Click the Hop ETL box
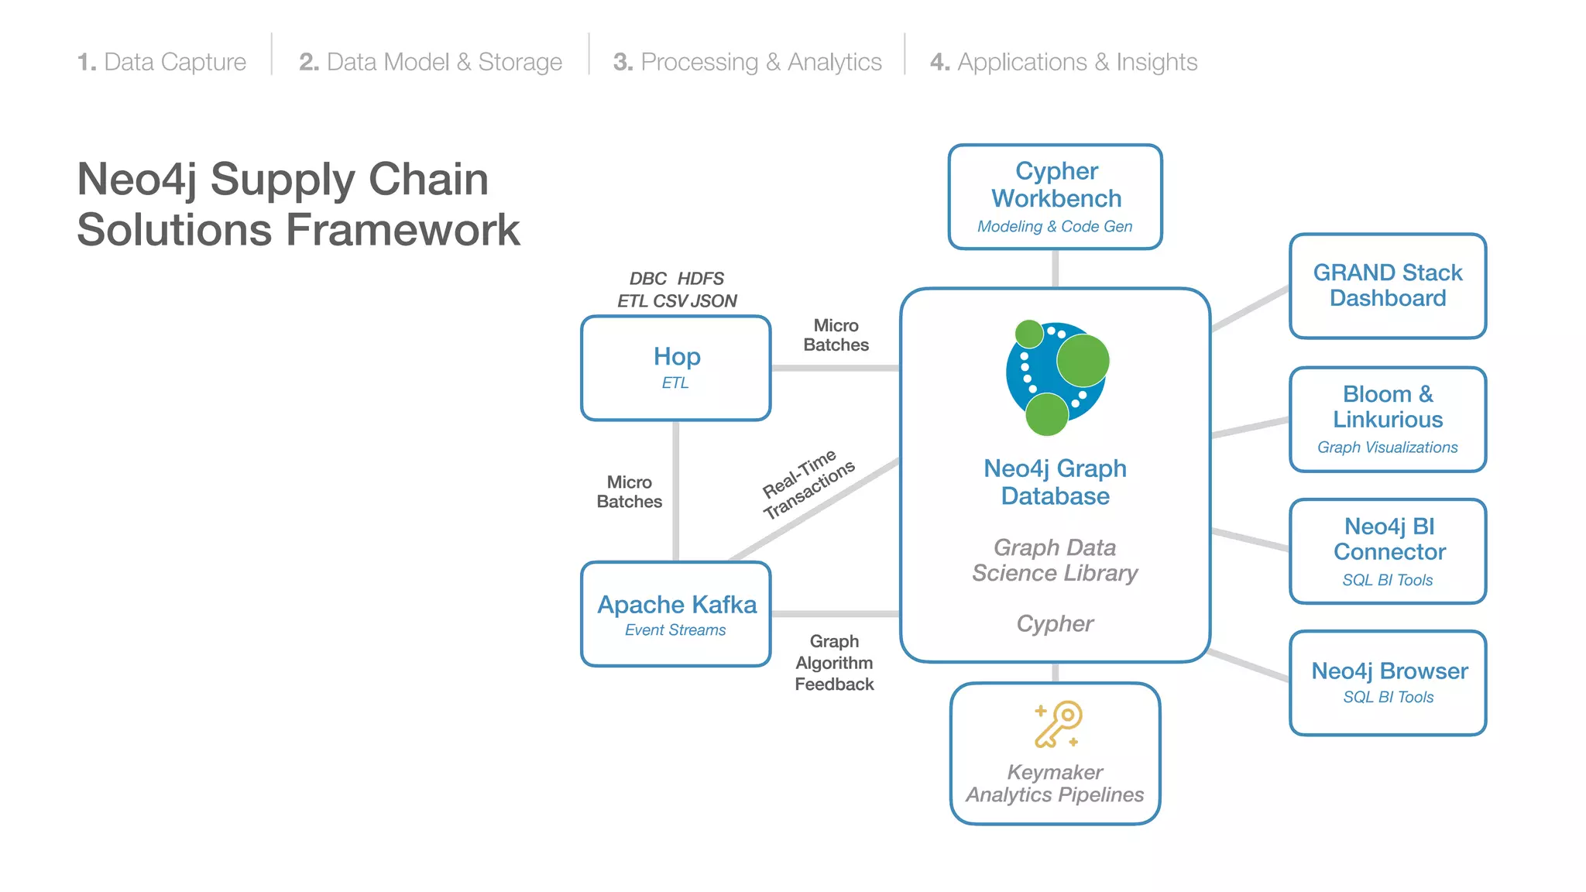676,368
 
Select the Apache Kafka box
676,614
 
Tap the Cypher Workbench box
1056,197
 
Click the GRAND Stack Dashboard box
1388,286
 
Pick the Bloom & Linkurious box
1388,419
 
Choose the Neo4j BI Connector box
1388,551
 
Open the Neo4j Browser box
1388,682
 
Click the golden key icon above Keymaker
1058,725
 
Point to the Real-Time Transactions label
808,483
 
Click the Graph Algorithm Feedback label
834,663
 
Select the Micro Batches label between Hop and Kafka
629,492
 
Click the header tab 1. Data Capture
162,62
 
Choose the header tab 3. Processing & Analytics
747,62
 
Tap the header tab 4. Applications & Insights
1063,62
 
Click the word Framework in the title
403,230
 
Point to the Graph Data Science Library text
1055,560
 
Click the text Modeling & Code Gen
1055,227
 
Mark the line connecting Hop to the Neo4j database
835,368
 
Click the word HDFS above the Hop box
701,279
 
